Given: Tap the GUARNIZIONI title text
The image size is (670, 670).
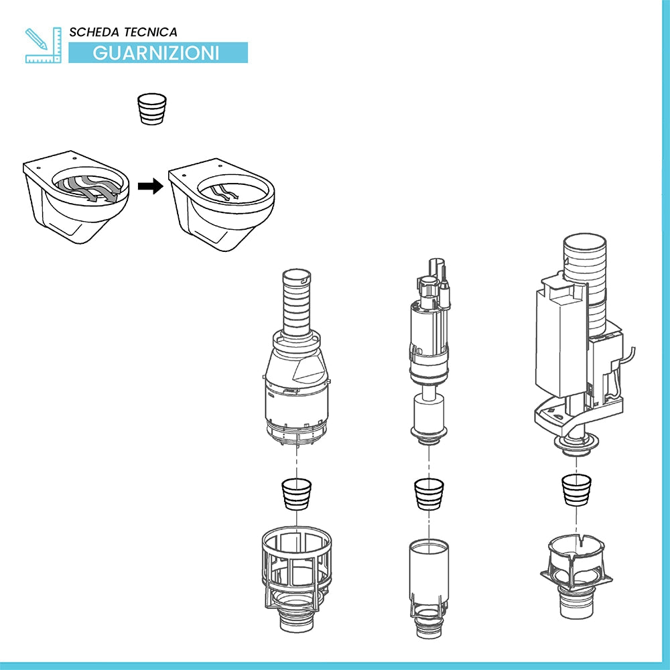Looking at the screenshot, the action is [x=156, y=53].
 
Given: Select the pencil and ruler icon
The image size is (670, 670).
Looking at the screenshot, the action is [x=43, y=46].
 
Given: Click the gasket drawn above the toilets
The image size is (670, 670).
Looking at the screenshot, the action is [x=151, y=109].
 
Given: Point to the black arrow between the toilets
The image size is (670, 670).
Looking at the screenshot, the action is [x=150, y=186].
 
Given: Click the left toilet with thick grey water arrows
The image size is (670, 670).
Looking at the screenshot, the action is [x=76, y=196].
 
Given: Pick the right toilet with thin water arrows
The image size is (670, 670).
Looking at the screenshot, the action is [x=221, y=204].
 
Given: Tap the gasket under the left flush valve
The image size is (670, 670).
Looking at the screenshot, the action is [x=297, y=494].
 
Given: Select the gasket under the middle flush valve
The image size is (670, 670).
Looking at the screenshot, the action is [x=429, y=494].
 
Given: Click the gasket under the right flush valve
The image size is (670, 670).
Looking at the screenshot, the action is [x=576, y=490].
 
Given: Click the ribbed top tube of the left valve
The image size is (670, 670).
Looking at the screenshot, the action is [x=297, y=303].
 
